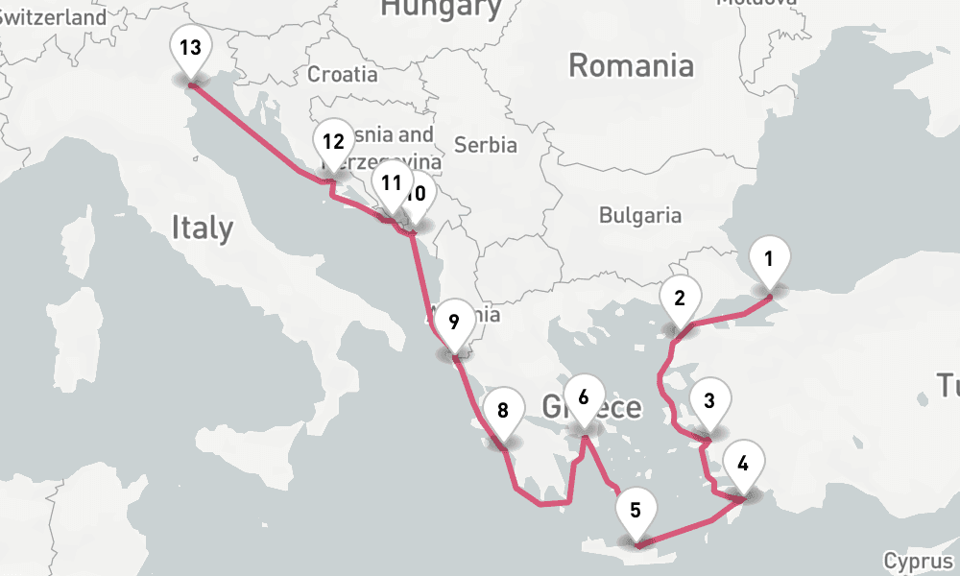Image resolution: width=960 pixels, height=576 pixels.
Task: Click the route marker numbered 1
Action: (769, 259)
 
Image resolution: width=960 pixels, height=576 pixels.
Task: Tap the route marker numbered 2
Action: (680, 299)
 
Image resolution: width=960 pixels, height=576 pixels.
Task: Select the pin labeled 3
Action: (709, 401)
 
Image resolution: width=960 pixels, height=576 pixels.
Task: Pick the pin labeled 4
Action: (742, 464)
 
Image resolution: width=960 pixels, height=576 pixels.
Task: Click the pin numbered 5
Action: (636, 510)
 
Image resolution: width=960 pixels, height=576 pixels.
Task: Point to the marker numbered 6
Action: (584, 396)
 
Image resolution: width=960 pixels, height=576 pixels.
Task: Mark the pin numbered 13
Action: (191, 48)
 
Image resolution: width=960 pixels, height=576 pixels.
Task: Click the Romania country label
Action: (631, 66)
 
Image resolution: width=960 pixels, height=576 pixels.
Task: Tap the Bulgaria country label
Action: (639, 215)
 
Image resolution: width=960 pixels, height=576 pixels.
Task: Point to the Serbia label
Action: (486, 146)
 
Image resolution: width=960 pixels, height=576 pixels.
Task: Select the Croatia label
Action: (343, 74)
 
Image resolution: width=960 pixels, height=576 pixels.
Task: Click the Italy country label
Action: (202, 228)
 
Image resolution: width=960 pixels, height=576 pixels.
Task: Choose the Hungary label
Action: (441, 9)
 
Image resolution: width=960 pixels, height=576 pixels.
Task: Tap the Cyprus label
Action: (919, 561)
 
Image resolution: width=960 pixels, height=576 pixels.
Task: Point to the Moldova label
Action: (756, 3)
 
